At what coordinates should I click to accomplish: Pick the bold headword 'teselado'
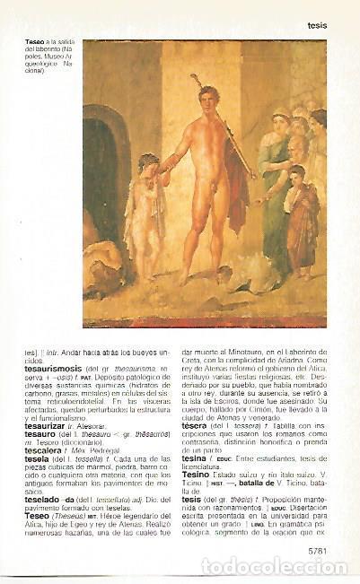pos(44,497)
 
